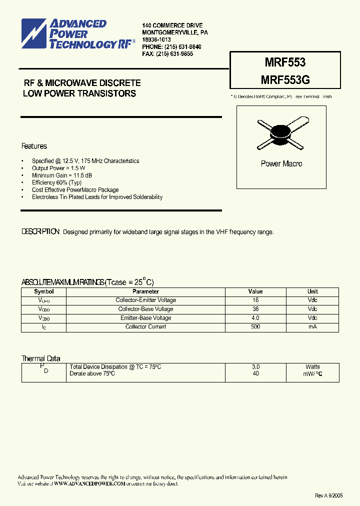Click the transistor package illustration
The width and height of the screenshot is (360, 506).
click(281, 133)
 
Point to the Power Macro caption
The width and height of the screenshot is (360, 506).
click(281, 163)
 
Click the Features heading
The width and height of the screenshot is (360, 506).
click(34, 146)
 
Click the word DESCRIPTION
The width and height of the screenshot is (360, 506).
click(40, 232)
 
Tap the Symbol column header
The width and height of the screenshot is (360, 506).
click(44, 291)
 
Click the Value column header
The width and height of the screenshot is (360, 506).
click(255, 291)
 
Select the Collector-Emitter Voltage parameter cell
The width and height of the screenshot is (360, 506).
click(145, 300)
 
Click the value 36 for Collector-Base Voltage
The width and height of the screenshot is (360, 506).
click(255, 309)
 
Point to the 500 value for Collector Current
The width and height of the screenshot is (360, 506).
click(255, 326)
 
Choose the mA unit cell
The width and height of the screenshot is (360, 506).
click(312, 326)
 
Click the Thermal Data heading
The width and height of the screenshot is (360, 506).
click(40, 358)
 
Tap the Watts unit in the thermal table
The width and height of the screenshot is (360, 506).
click(312, 366)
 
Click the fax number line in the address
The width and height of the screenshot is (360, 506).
click(167, 53)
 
